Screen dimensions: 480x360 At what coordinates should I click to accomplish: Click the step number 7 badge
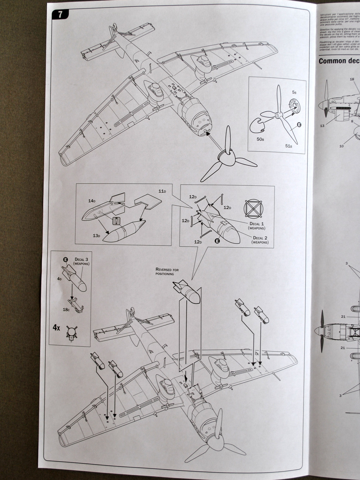pos(60,14)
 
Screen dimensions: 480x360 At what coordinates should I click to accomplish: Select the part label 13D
pos(97,236)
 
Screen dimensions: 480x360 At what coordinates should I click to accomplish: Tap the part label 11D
pos(162,191)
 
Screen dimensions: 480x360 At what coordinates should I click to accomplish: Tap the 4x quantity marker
pos(57,327)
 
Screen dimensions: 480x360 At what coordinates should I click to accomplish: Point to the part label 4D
pos(59,278)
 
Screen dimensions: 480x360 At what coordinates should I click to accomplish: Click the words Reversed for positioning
pos(167,271)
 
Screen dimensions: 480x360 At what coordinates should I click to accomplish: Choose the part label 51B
pos(288,146)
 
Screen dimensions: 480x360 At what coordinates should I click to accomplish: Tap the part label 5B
pos(294,92)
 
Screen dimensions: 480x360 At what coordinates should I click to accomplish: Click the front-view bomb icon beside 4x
pos(71,332)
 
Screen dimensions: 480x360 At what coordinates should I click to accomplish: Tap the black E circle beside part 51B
pos(298,125)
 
